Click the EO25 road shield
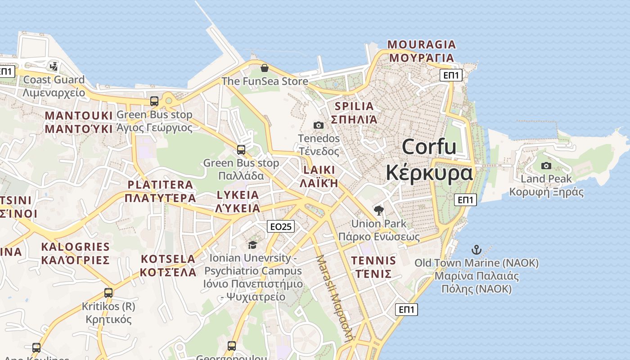(x=281, y=226)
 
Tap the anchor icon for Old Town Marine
(x=476, y=250)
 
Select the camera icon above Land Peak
(x=546, y=166)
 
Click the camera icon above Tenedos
(x=319, y=125)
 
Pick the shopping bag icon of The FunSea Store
(x=265, y=68)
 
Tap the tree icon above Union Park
(x=379, y=210)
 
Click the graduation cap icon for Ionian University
(x=252, y=245)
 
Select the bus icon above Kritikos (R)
(x=108, y=293)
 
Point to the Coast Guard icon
(x=54, y=67)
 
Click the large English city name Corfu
(x=429, y=147)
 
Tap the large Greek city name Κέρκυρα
(x=429, y=173)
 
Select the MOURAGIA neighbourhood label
(x=422, y=45)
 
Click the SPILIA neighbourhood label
(x=354, y=107)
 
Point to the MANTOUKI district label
(x=78, y=116)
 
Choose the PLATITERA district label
(x=160, y=184)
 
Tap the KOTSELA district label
(x=168, y=259)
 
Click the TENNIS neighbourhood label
(x=373, y=261)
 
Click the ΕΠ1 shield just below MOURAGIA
(x=451, y=75)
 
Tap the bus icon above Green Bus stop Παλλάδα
(x=241, y=150)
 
